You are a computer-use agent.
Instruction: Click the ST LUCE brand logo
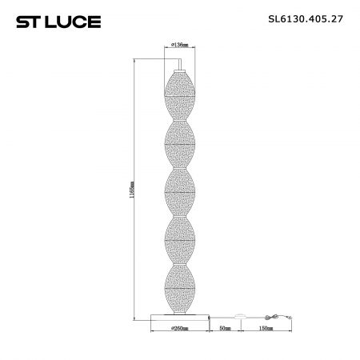click(58, 22)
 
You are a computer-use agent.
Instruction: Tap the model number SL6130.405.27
click(306, 19)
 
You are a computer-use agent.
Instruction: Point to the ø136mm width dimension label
click(180, 45)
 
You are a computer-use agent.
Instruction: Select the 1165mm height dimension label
click(131, 190)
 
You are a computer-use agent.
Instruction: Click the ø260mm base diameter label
click(179, 328)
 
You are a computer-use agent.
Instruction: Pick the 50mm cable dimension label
click(225, 328)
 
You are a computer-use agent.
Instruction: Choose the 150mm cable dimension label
click(266, 328)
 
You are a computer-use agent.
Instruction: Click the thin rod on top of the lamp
click(180, 65)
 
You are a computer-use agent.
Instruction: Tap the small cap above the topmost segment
click(180, 71)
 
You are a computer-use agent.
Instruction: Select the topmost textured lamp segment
click(180, 96)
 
